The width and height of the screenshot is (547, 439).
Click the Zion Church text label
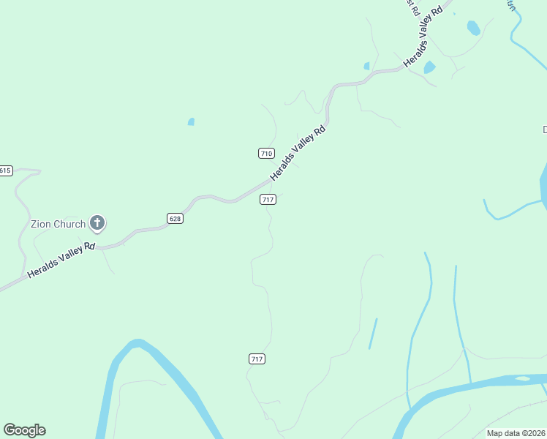tap(58, 224)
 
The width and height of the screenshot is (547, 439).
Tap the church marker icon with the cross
tap(97, 223)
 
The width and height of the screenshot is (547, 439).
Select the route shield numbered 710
tap(266, 153)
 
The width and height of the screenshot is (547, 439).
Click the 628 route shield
tap(174, 218)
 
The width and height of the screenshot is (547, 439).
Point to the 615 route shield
tap(5, 170)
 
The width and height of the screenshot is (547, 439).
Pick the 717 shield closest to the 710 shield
tap(268, 200)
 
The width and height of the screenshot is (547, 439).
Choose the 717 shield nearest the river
tap(256, 359)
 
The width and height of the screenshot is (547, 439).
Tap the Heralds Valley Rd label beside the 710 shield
tap(298, 154)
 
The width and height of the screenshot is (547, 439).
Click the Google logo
tap(24, 430)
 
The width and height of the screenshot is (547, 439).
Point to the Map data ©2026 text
tap(516, 433)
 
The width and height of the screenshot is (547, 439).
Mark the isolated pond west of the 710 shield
tap(191, 121)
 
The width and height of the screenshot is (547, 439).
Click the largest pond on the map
tap(474, 28)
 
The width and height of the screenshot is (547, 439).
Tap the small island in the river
tap(522, 378)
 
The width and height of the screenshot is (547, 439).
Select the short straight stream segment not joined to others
tap(373, 333)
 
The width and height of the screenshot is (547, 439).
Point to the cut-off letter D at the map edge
tap(544, 130)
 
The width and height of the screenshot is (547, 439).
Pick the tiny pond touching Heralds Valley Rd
tap(366, 66)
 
